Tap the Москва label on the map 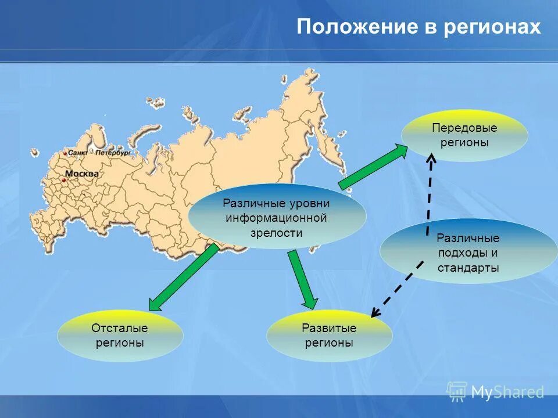coord(82,174)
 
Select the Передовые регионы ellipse coord(464,135)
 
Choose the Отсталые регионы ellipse coord(120,335)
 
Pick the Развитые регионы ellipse coord(329,335)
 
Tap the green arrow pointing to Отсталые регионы coord(183,278)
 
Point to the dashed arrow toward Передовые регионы coord(429,192)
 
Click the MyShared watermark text coord(507,392)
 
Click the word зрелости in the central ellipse coord(277,232)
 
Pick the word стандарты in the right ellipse coord(468,268)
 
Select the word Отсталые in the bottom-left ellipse coord(120,328)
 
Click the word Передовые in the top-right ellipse coord(464,128)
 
